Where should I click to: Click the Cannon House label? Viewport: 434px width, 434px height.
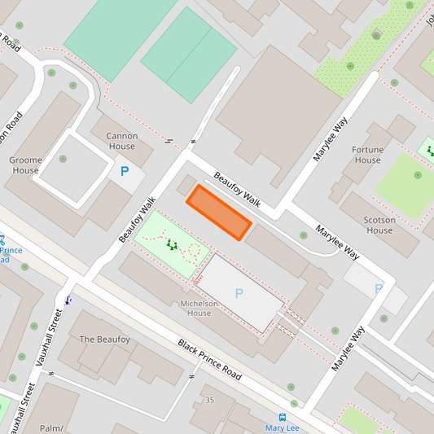point(122,141)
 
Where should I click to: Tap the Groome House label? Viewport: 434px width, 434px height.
point(25,165)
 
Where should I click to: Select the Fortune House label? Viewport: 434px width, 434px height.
point(367,155)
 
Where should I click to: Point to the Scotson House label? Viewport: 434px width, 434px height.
point(379,225)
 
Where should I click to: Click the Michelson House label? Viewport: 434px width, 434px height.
point(199,308)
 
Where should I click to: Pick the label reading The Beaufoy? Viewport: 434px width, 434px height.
point(104,339)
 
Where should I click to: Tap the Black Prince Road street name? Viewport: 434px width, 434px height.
point(209,359)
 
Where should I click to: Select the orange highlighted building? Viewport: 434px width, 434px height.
point(219,213)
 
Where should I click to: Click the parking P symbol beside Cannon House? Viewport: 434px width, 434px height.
point(125,172)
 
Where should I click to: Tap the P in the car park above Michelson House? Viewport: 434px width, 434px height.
point(239,293)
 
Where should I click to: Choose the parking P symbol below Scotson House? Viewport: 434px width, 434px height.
point(379,288)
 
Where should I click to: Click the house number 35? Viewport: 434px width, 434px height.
point(209,400)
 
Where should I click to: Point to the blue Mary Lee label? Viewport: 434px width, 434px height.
point(283,427)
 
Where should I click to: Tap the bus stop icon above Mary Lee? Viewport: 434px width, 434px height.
point(283,416)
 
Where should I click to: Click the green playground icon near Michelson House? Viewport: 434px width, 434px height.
point(171,243)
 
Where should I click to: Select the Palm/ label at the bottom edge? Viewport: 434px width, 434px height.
point(51,427)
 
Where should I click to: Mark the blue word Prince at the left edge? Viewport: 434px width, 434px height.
point(11,250)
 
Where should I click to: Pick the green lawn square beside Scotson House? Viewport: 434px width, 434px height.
point(406,186)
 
